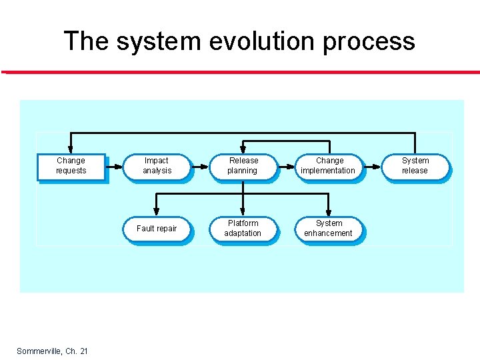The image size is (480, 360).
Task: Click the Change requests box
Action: click(71, 166)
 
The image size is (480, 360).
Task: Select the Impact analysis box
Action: click(157, 166)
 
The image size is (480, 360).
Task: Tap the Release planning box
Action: click(243, 166)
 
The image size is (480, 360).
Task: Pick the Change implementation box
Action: click(329, 166)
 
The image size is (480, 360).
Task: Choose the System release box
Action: click(415, 166)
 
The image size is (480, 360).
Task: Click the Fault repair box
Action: click(157, 229)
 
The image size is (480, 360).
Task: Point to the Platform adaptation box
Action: click(243, 229)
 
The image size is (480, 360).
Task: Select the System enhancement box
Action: click(329, 229)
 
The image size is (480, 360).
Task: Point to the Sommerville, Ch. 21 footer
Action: click(52, 351)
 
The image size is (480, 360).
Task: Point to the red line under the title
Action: click(240, 71)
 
